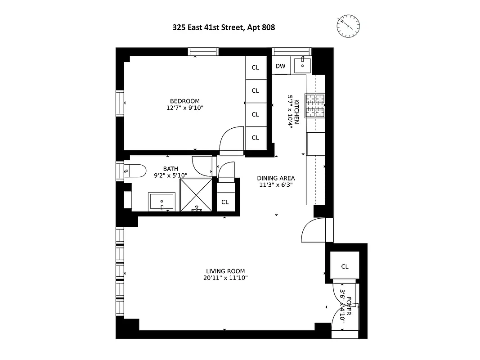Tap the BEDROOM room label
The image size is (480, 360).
[x=184, y=101]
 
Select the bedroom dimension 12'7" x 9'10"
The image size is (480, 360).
[x=184, y=108]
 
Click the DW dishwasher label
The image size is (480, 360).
[x=280, y=66]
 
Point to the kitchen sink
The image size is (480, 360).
[x=302, y=65]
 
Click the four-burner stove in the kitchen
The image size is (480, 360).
[x=315, y=105]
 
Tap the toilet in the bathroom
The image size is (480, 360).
[x=135, y=171]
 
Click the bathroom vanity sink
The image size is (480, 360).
[x=162, y=202]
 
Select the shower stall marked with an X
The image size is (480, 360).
[x=197, y=194]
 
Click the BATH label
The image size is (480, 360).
[x=170, y=169]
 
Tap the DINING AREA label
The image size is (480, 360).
[x=276, y=178]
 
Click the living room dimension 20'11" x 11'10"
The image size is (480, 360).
[x=225, y=278]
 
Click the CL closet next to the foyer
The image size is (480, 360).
[x=345, y=266]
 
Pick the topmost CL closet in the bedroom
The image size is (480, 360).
[x=256, y=67]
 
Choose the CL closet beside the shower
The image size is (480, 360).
[x=225, y=202]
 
